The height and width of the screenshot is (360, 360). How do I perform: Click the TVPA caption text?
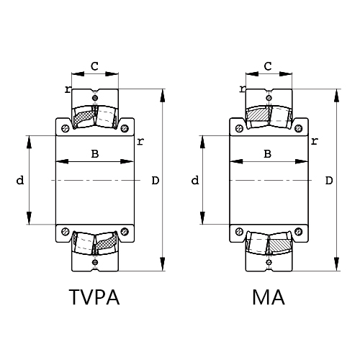(x=94, y=298)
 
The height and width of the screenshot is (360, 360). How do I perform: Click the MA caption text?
(x=269, y=298)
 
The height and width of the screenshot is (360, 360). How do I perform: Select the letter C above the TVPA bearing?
(x=94, y=66)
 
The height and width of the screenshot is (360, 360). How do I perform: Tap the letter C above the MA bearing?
(x=269, y=66)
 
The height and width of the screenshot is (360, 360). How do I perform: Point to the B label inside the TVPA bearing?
(x=94, y=153)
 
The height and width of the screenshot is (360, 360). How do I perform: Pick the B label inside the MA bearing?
(x=268, y=153)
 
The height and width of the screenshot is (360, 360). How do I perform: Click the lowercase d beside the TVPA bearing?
(x=19, y=180)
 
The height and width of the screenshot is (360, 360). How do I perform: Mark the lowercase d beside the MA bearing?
(x=194, y=180)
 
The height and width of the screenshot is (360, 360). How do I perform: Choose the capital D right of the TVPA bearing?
(x=155, y=180)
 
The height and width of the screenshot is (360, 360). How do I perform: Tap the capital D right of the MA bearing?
(x=329, y=180)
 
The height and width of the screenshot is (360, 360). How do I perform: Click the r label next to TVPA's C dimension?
(x=67, y=89)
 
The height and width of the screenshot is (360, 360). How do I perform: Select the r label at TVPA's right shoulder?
(x=139, y=140)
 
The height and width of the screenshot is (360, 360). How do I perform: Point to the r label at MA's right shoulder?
(x=313, y=140)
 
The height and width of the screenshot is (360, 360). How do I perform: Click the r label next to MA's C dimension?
(x=242, y=89)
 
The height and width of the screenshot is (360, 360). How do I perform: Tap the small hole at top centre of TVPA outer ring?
(x=95, y=97)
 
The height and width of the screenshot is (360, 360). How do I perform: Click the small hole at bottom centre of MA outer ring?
(x=269, y=263)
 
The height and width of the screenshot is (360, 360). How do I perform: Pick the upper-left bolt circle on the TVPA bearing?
(x=66, y=129)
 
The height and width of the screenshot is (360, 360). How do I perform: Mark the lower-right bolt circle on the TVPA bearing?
(x=125, y=231)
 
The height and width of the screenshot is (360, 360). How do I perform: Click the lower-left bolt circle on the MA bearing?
(x=239, y=231)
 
